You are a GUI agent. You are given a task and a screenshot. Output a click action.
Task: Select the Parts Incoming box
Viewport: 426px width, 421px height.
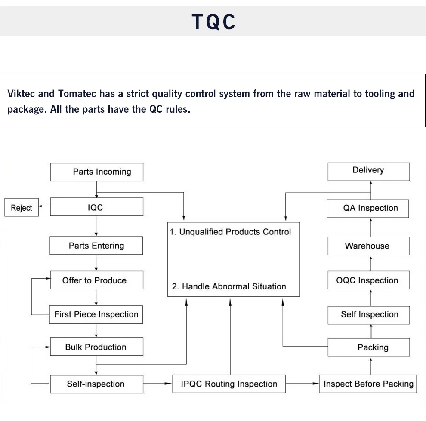coord(96,172)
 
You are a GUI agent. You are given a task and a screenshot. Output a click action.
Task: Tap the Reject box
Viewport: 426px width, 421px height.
coord(22,208)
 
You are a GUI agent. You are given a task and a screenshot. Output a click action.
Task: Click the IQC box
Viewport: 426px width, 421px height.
coord(96,207)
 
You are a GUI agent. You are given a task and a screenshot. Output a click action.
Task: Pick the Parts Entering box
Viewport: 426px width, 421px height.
coord(96,246)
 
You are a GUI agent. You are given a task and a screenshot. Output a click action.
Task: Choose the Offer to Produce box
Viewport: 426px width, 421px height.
coord(96,280)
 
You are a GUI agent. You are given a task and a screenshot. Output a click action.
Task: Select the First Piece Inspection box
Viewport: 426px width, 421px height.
coord(96,314)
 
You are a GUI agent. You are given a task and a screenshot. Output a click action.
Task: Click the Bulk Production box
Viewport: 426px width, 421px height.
coord(96,347)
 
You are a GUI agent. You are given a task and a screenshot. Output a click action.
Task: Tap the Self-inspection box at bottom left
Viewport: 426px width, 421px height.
coord(96,384)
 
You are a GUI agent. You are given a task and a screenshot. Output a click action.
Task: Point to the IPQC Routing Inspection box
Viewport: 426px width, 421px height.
coord(229,384)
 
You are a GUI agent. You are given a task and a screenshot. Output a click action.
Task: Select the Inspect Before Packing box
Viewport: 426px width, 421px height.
coord(368,384)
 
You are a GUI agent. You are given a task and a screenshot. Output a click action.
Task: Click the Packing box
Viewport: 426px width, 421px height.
coord(368,347)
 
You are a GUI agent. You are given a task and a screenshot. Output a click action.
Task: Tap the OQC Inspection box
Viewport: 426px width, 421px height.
coord(368,280)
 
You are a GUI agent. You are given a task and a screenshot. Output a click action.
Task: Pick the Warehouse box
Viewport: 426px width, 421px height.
coord(368,246)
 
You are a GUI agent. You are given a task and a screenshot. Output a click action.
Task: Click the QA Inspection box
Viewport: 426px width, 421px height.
coord(368,208)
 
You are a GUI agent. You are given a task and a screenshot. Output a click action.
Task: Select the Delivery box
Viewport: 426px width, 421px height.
coord(368,170)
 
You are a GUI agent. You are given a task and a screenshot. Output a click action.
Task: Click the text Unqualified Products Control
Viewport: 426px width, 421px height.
coord(235,232)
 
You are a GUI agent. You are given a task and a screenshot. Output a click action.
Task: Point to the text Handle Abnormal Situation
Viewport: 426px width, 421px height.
coord(234,286)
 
